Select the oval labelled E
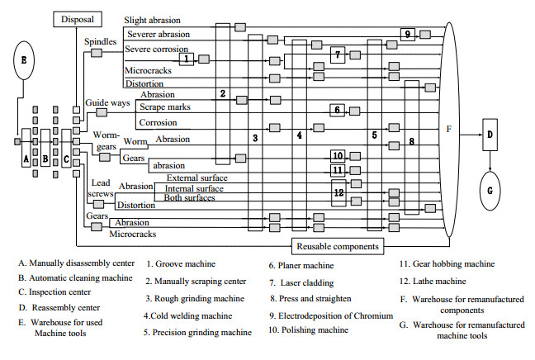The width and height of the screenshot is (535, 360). (x=24, y=60)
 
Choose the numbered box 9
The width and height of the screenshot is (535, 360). (x=408, y=34)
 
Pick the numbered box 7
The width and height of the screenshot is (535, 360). (x=338, y=54)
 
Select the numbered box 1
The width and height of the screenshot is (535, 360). (x=187, y=59)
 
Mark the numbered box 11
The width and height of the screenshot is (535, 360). (x=338, y=170)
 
